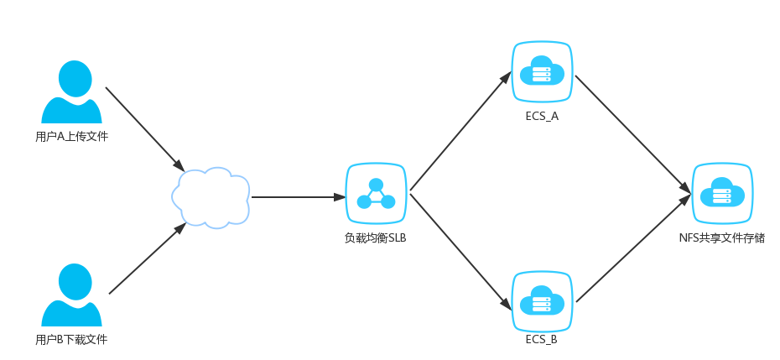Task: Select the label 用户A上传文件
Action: [72, 136]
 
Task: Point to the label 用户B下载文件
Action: [72, 340]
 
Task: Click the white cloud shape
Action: [211, 197]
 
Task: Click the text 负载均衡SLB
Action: [376, 237]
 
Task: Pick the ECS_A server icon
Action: [542, 73]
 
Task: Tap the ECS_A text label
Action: [542, 116]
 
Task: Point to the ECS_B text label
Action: [542, 341]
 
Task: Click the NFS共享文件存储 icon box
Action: [721, 194]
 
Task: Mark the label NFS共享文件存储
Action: [721, 237]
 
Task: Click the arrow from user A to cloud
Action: [144, 127]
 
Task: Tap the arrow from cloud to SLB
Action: [298, 198]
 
